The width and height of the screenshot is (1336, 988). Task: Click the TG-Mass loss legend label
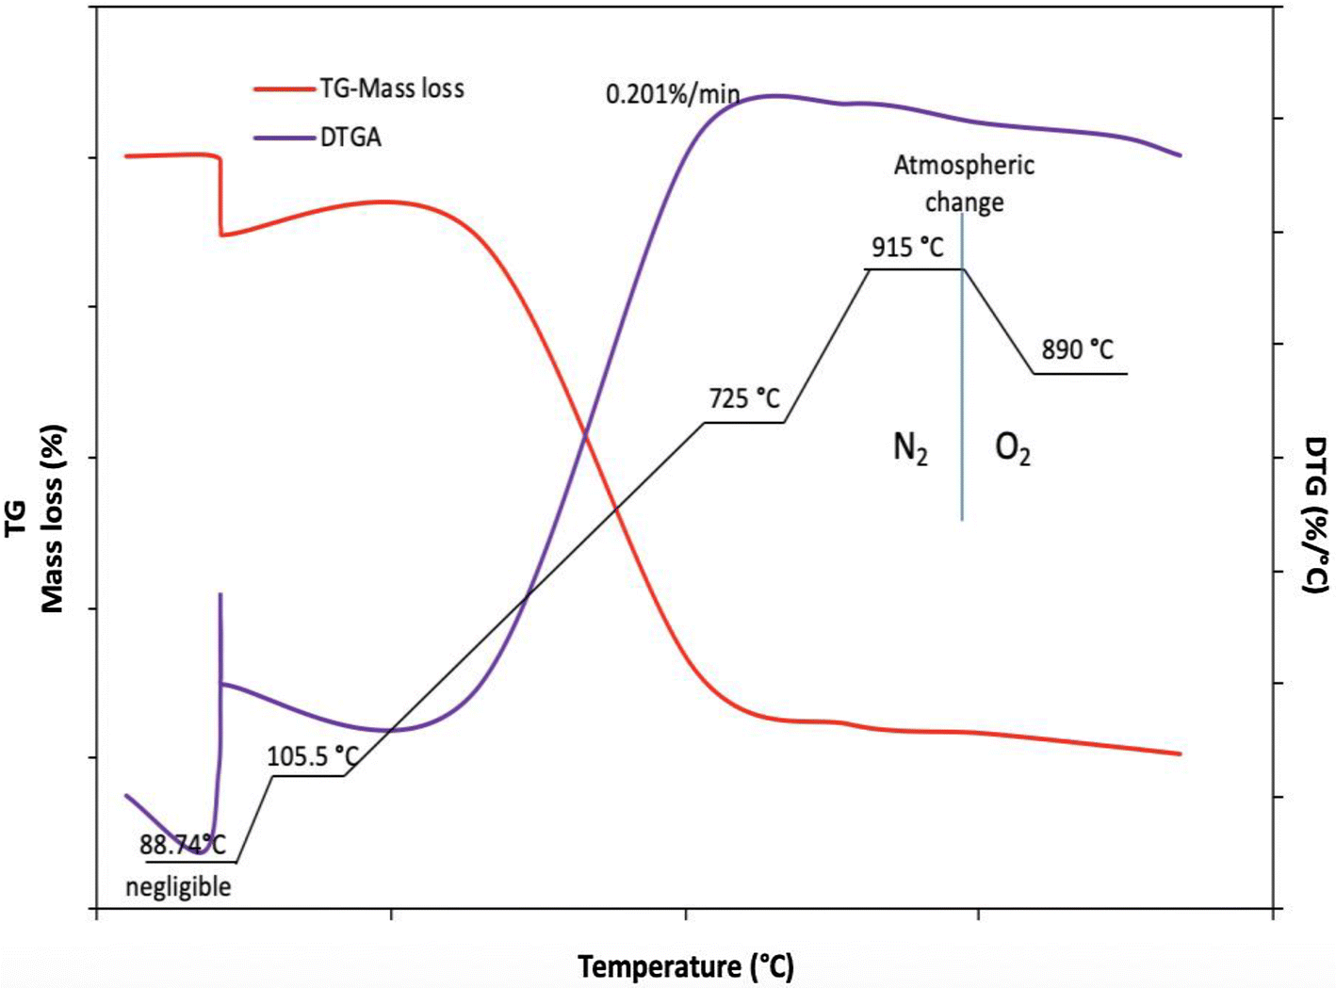pos(391,89)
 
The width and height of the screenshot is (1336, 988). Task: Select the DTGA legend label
pos(350,138)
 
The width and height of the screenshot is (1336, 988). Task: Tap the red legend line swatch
pos(283,89)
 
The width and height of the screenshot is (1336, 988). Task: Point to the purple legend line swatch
pos(283,138)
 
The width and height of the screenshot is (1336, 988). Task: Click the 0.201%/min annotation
pos(672,95)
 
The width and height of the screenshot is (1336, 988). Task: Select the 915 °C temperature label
pos(907,248)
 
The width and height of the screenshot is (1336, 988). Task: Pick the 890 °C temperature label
pos(1077,350)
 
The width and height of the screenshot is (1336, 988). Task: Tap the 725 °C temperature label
pos(744,399)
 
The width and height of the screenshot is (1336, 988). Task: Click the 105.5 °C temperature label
pos(313,756)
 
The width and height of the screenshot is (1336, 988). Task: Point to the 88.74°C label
pos(183,845)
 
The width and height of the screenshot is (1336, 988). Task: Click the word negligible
pos(178,886)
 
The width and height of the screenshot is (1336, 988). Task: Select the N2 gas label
pos(910,448)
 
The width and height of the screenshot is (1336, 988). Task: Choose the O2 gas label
pos(1013,449)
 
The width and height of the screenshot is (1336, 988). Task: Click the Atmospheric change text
pos(964,184)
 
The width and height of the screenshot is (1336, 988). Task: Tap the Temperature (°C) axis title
pos(686,966)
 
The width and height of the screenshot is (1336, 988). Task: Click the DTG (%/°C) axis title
pos(1317,514)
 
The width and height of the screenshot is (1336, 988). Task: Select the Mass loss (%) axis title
pos(53,518)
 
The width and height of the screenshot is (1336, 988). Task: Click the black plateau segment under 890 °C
pos(1080,374)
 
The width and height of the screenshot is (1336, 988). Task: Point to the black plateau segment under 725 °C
pos(744,423)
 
